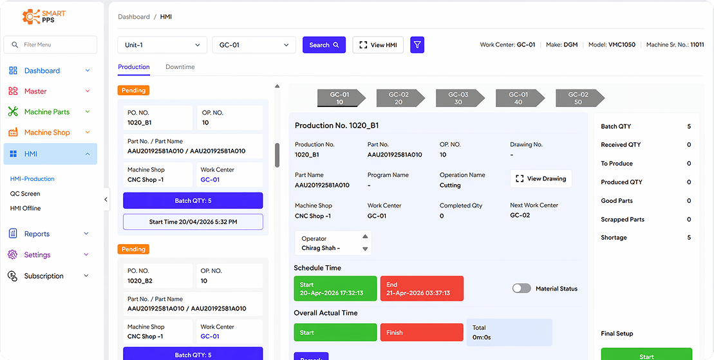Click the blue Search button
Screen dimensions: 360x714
(324, 45)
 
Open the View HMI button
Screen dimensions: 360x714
(378, 45)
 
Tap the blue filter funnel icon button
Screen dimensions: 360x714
(417, 45)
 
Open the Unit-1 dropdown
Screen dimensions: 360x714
(162, 45)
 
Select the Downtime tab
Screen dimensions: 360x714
(180, 67)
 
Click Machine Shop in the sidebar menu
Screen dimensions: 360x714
(46, 133)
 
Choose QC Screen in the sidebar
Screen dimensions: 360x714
(25, 194)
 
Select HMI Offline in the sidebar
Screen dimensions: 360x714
(25, 209)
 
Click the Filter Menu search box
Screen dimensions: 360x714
(50, 44)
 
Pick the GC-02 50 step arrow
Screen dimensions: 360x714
(578, 98)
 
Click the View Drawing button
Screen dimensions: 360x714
(541, 178)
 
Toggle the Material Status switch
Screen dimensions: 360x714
(521, 289)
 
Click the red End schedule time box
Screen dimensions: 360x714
(422, 289)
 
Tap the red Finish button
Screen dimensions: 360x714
(422, 332)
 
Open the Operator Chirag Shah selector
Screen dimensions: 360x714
(333, 243)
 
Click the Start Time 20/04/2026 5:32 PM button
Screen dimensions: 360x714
(193, 222)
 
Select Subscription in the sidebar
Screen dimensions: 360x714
(44, 276)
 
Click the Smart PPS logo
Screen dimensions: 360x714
(44, 17)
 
